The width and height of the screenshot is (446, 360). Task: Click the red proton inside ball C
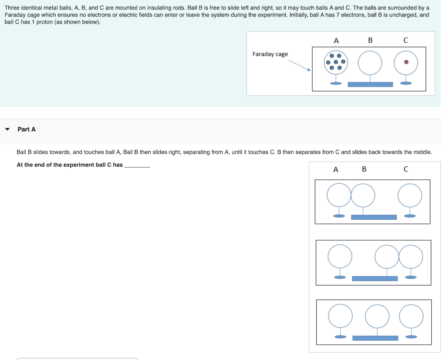[406, 62]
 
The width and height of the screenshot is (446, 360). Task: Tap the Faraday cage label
[270, 54]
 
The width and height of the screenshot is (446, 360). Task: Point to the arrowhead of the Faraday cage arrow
[309, 69]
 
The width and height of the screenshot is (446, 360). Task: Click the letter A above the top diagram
[336, 40]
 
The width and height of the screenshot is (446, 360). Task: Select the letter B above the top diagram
[370, 40]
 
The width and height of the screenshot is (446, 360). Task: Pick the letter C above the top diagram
[405, 40]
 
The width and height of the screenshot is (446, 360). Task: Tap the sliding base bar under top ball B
[370, 84]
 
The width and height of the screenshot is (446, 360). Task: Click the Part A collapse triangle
[7, 129]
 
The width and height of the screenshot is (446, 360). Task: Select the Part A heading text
[27, 129]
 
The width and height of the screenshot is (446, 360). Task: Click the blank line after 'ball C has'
[137, 167]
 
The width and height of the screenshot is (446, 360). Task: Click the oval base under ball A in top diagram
[336, 83]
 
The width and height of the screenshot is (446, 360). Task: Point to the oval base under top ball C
[406, 83]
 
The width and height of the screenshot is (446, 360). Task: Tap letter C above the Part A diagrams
[406, 169]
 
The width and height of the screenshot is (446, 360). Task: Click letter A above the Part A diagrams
[336, 170]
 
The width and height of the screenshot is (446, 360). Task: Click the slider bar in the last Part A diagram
[375, 338]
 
